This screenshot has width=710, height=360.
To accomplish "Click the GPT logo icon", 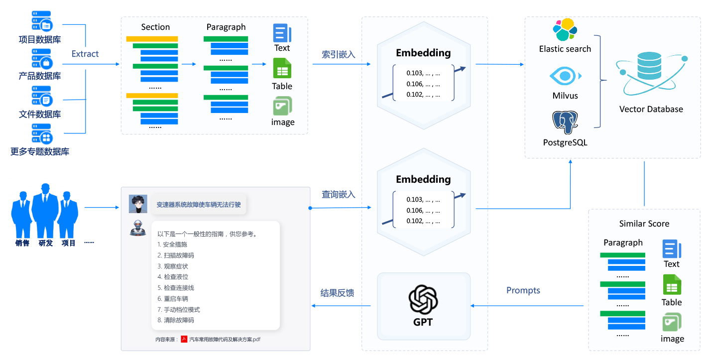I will [423, 299].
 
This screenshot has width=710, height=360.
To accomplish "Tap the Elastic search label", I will [565, 49].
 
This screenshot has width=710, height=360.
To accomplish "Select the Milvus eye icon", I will [565, 77].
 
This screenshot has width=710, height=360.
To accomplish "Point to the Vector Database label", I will [651, 109].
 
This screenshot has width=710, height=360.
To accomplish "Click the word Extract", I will [85, 54].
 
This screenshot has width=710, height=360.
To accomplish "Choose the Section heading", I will [155, 27].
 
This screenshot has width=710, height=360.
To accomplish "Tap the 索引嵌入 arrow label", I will [339, 54].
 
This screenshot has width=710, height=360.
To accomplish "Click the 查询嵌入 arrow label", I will [339, 194].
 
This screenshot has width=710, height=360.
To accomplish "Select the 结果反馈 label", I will [337, 293].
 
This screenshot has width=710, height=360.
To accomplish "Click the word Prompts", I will [523, 290].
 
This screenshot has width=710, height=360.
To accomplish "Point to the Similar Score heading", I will [644, 224].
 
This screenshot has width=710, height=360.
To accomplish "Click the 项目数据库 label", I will [40, 39].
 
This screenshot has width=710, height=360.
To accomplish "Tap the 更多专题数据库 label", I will [40, 151].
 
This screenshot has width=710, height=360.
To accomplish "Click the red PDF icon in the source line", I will [184, 339].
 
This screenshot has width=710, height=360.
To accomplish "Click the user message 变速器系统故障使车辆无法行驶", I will [199, 204].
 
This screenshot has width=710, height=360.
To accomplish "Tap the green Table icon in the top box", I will [282, 68].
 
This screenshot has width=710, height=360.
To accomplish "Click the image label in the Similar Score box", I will [672, 339].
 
